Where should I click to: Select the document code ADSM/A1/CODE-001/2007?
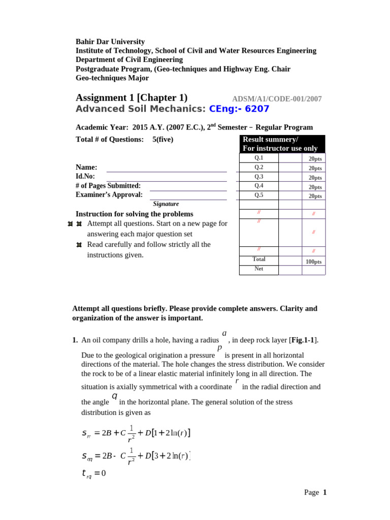tap(277, 99)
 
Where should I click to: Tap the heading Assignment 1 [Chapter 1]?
tap(132, 97)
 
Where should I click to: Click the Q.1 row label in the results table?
tap(259, 158)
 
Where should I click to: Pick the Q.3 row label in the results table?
tap(259, 177)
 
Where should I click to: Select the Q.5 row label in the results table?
tap(259, 195)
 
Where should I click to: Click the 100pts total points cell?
tap(313, 262)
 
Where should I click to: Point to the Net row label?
tap(259, 269)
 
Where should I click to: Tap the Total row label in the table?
tap(259, 259)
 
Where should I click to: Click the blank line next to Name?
tap(166, 168)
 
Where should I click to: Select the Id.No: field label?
tap(85, 176)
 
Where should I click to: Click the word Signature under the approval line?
tap(166, 204)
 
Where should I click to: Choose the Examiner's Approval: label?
tap(109, 194)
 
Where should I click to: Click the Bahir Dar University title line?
tap(110, 42)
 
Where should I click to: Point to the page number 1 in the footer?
tap(325, 492)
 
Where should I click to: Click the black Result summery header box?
tap(282, 144)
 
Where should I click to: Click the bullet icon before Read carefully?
tap(79, 245)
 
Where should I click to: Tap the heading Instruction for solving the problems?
tap(134, 214)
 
